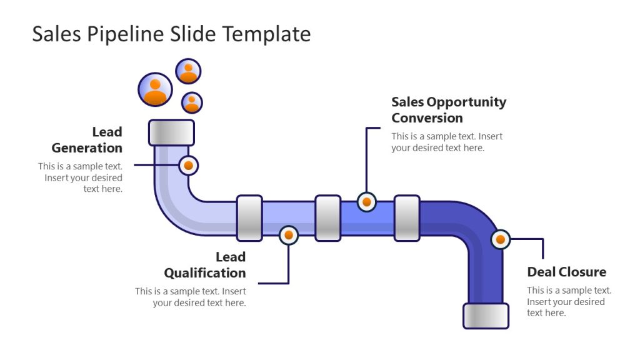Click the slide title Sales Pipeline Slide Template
pos(171,34)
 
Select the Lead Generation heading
pos(87,140)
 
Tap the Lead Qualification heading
pos(205,265)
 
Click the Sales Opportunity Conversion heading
pos(448,110)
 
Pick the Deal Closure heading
pos(566,272)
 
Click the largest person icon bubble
pos(154,89)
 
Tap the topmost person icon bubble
pos(188,71)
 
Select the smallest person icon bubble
pos(192,102)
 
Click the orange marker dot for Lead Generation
pos(188,166)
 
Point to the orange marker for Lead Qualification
pos(288,235)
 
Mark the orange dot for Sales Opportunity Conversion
pos(367,202)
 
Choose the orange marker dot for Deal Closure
pos(500,239)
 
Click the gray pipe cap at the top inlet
pos(171,132)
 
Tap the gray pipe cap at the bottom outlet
pos(486,316)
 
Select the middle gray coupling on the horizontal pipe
pos(327,218)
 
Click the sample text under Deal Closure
pos(569,301)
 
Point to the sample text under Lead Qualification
pos(191,297)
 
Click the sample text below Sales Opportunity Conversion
pos(447,142)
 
